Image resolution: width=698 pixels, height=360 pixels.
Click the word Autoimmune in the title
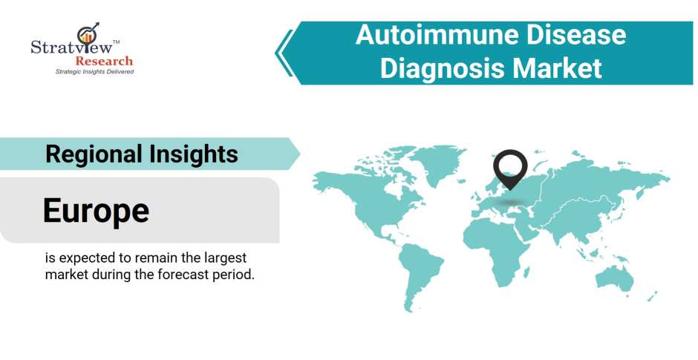click(431, 34)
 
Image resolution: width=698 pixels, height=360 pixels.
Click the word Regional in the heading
click(94, 154)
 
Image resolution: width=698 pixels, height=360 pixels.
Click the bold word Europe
click(96, 211)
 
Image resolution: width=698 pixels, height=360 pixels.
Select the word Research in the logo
click(104, 61)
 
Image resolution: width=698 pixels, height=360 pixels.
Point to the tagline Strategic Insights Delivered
click(94, 71)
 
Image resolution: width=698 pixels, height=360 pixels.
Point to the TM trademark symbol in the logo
click(116, 42)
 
